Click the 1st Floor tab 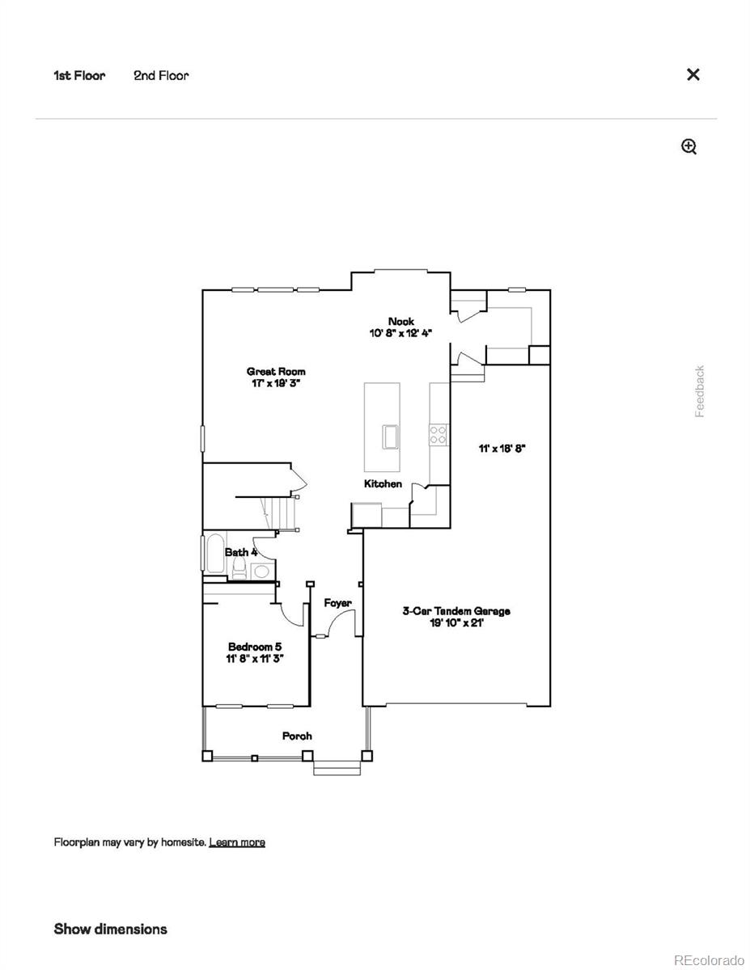click(79, 75)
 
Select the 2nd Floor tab click(161, 75)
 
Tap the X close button click(693, 74)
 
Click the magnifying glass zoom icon click(689, 146)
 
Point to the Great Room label click(276, 371)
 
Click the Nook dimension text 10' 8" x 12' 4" click(400, 333)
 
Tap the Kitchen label click(383, 483)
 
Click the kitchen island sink click(392, 437)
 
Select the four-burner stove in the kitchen click(438, 435)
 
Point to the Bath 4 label click(241, 552)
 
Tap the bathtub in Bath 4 click(215, 553)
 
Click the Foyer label click(337, 603)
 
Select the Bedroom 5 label click(255, 647)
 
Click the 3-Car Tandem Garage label click(456, 610)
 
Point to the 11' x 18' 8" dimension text click(502, 449)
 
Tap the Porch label click(297, 736)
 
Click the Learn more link click(237, 842)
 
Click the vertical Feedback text click(700, 391)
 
